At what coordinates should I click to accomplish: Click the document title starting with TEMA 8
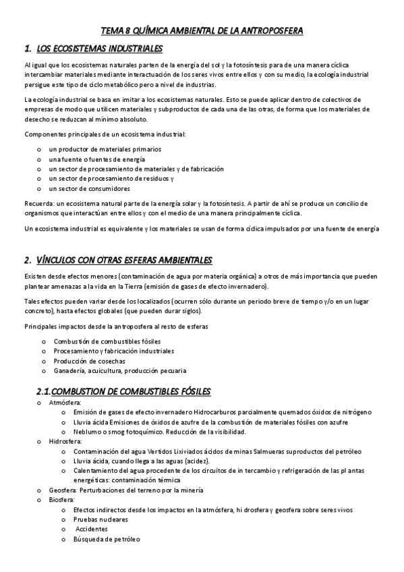pyautogui.click(x=202, y=31)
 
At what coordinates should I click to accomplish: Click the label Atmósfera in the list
pyautogui.click(x=65, y=403)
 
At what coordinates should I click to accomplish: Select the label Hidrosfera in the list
pyautogui.click(x=65, y=441)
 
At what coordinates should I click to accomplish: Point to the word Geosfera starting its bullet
pyautogui.click(x=63, y=490)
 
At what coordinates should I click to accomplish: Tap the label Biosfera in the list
pyautogui.click(x=61, y=500)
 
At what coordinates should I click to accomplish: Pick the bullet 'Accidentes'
pyautogui.click(x=91, y=530)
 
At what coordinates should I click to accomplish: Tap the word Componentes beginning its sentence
pyautogui.click(x=43, y=134)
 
